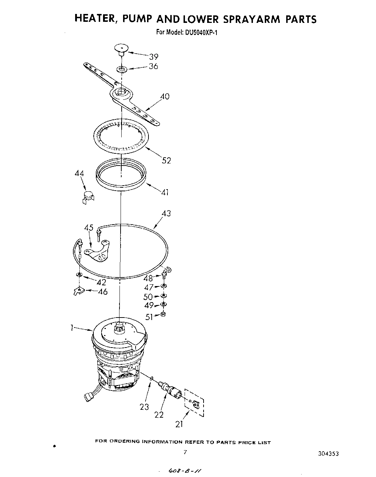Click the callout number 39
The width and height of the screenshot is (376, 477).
[x=153, y=56]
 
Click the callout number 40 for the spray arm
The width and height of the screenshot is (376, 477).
[x=165, y=96]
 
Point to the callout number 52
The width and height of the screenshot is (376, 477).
[x=166, y=161]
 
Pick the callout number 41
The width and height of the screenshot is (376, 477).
[x=165, y=192]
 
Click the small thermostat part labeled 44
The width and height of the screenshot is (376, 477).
[x=87, y=196]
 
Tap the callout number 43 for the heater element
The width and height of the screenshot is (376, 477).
[x=166, y=213]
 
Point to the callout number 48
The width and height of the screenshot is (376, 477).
[x=148, y=278]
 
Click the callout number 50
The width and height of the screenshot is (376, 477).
[x=148, y=296]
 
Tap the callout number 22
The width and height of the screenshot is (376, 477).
[x=159, y=414]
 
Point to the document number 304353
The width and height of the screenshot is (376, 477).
[x=327, y=453]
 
